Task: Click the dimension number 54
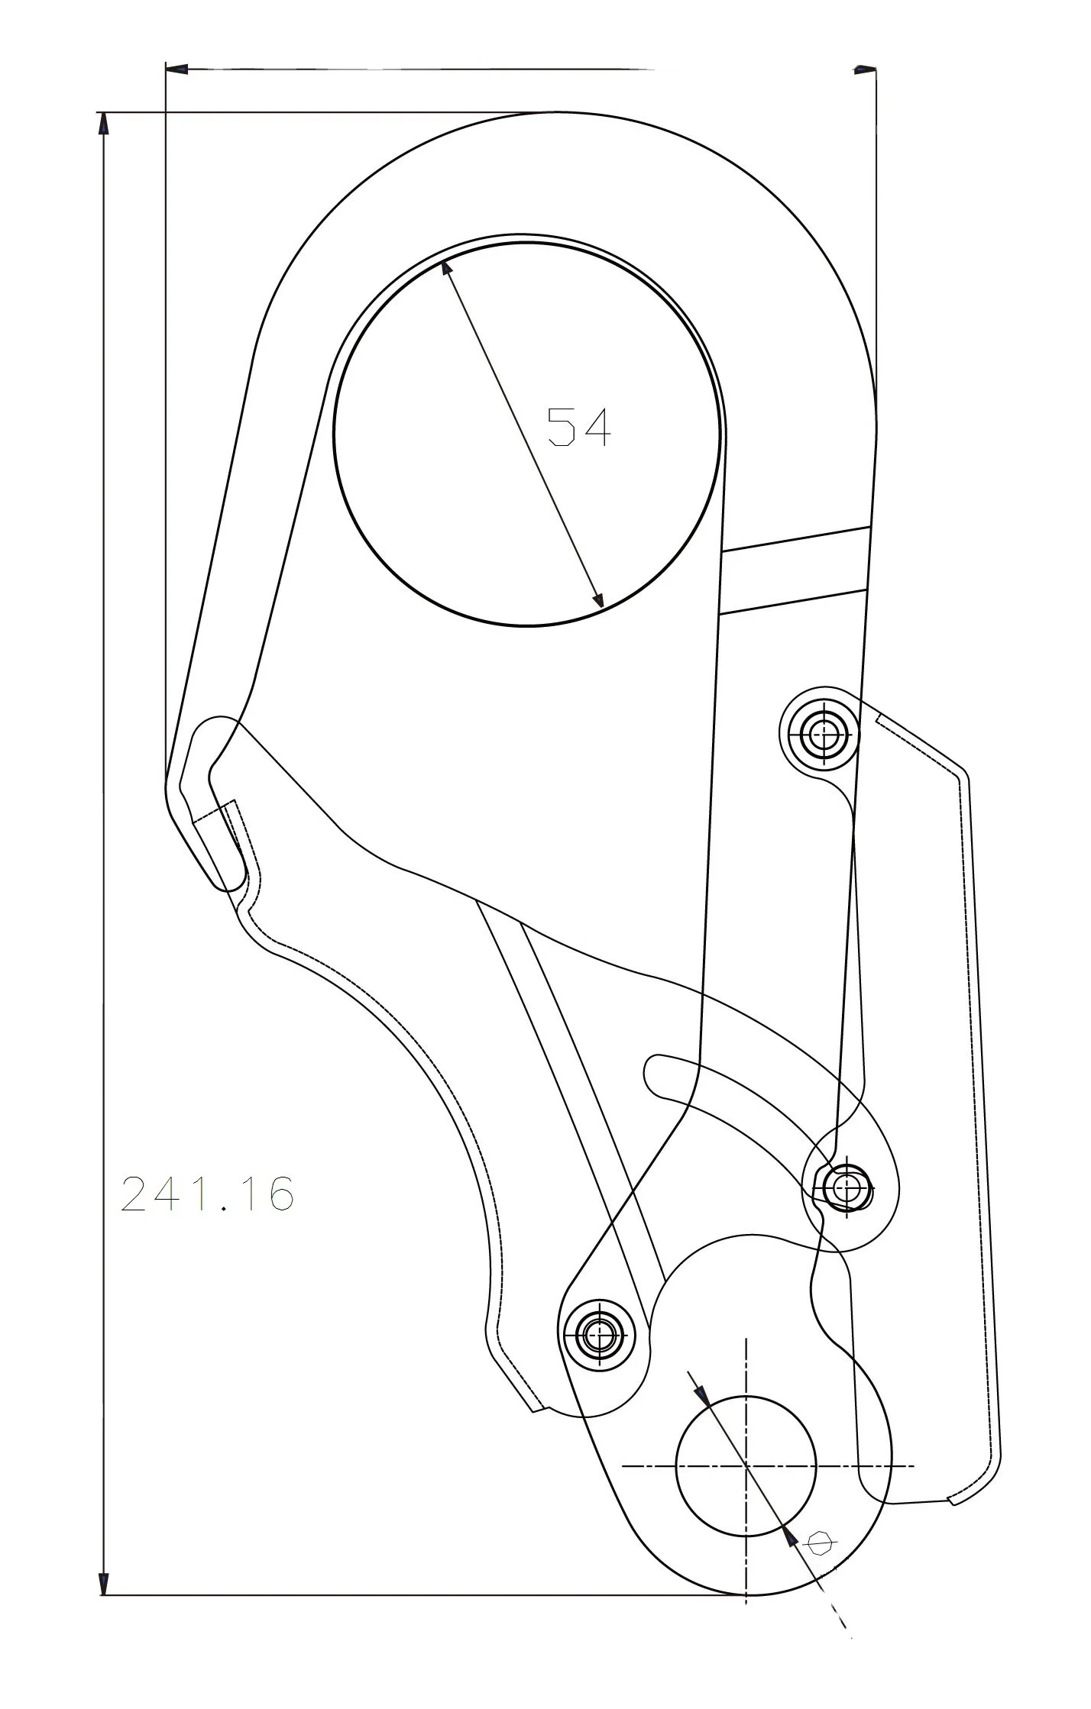point(579,428)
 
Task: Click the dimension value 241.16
point(207,1194)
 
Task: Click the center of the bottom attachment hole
point(746,1465)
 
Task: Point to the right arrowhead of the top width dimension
point(865,69)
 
